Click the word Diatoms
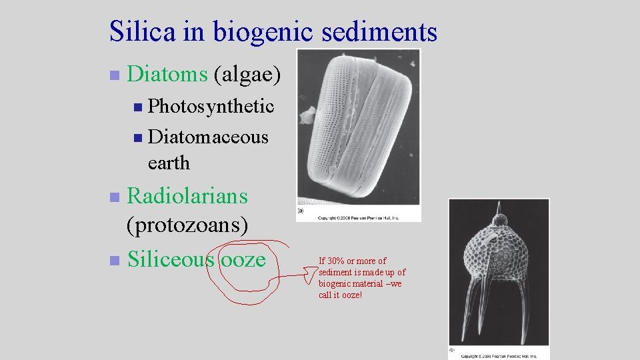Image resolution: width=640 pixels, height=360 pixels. tap(167, 75)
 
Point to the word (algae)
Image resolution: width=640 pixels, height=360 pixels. tap(248, 75)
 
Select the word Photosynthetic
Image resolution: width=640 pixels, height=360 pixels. tap(211, 106)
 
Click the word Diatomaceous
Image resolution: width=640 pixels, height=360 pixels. tap(208, 137)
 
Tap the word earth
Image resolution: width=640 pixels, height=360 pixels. tap(169, 162)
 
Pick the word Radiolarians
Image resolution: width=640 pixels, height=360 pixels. tap(187, 196)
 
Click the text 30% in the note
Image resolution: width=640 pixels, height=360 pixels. tap(336, 261)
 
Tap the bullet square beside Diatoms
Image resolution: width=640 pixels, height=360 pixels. tap(114, 75)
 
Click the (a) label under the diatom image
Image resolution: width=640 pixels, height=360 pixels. tap(301, 211)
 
